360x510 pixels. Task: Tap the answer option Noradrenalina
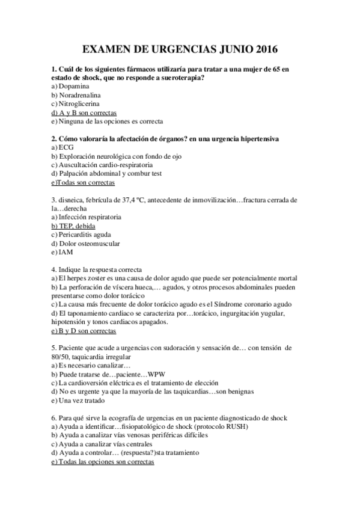pos(79,95)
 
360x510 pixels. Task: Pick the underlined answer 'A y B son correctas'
pos(84,112)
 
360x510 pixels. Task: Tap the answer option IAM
pos(64,252)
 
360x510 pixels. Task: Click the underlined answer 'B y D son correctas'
pos(84,331)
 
